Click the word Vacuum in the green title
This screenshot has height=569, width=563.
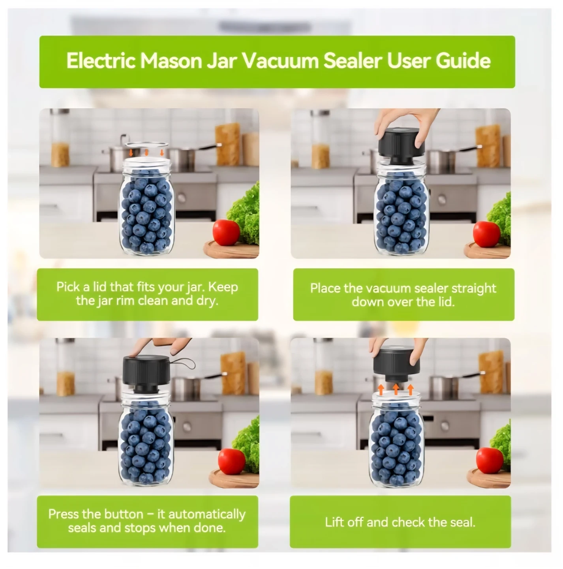pyautogui.click(x=280, y=60)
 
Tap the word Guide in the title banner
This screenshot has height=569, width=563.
pyautogui.click(x=463, y=60)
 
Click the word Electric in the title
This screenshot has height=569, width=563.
pyautogui.click(x=101, y=60)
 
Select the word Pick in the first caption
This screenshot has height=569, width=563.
pyautogui.click(x=68, y=287)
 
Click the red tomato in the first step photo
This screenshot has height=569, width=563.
pyautogui.click(x=226, y=232)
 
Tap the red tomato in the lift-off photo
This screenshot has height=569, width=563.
pyautogui.click(x=490, y=461)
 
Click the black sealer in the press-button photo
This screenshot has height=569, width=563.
pyautogui.click(x=146, y=374)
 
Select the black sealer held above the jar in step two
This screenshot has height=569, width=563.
pyautogui.click(x=402, y=146)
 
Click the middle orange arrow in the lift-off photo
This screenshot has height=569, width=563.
pyautogui.click(x=396, y=389)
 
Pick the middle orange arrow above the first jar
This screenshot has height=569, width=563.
pyautogui.click(x=146, y=153)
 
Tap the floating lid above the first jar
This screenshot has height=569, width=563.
pyautogui.click(x=146, y=145)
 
